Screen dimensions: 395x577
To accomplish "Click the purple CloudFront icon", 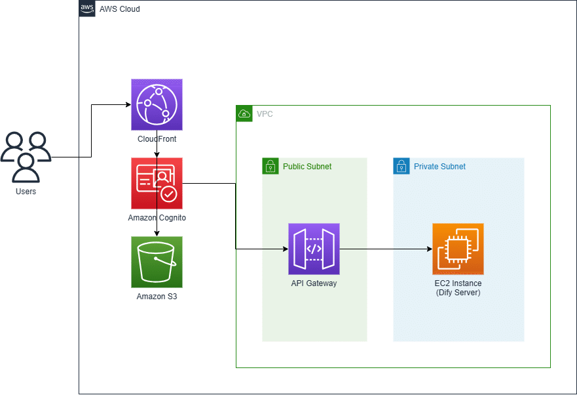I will coord(157,105).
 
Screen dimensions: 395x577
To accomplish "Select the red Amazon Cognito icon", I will coord(157,184).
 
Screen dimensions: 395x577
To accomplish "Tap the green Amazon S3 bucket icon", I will coord(157,262).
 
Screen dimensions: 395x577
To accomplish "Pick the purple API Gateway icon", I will coord(314,249).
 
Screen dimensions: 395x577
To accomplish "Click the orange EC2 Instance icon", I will coord(458,249).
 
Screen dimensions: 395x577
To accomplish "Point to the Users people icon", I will coord(26,157).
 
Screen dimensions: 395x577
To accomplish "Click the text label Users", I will coord(26,192).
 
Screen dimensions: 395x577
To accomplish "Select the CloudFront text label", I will coord(157,139).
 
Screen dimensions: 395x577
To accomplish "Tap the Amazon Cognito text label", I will coord(157,217).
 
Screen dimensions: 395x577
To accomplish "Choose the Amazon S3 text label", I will coord(157,297).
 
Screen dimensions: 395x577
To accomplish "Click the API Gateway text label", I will coord(314,283).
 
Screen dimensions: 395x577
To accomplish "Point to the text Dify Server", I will coord(458,293).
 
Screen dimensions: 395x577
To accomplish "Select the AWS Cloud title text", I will coord(119,9).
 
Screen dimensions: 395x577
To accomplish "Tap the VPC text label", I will coord(265,114).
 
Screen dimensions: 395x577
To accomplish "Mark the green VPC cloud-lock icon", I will coord(244,114).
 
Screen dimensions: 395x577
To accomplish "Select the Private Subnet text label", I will coord(439,167).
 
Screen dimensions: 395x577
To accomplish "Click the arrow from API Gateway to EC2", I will coord(386,249).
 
